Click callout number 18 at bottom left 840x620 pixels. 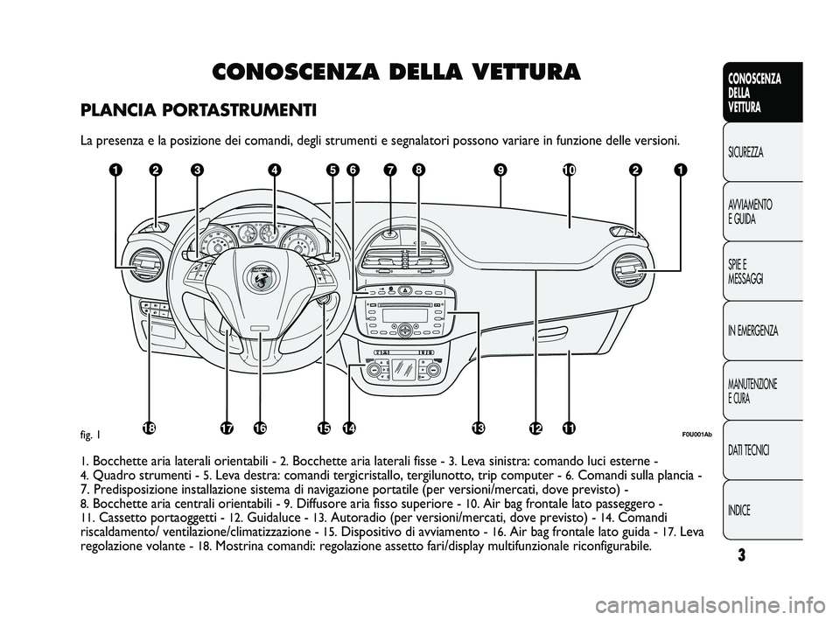[150, 428]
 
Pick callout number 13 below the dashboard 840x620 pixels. [478, 428]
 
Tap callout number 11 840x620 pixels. [569, 428]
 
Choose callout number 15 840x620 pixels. [324, 428]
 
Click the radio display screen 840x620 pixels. [399, 315]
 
